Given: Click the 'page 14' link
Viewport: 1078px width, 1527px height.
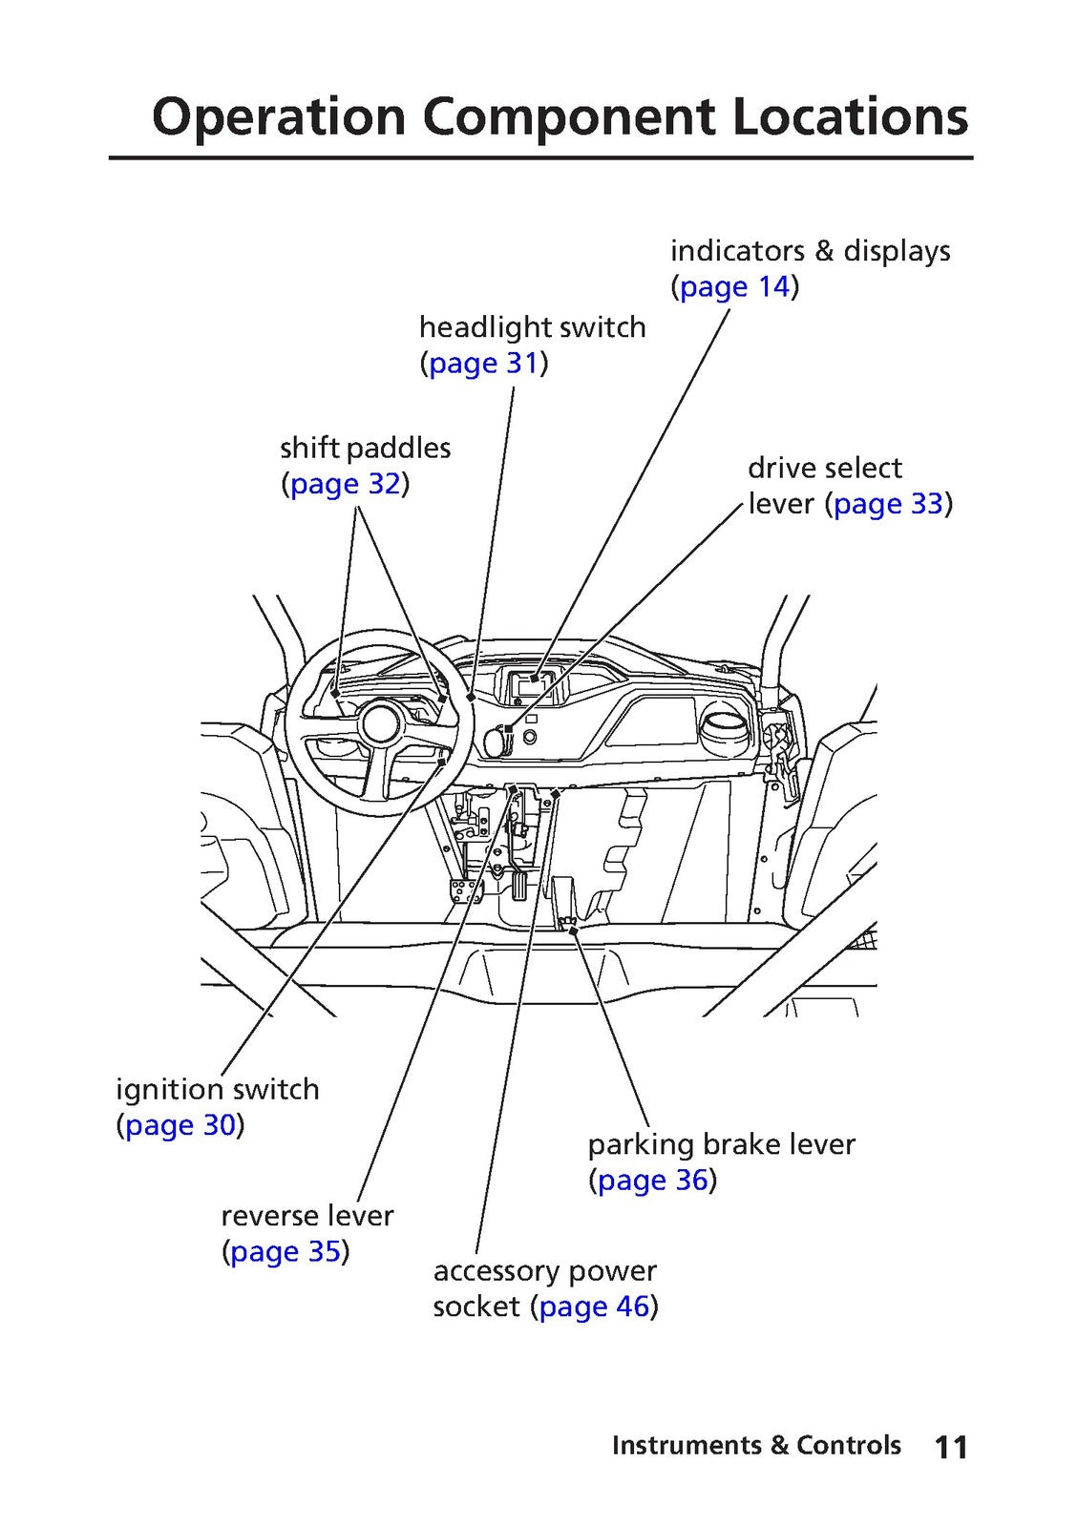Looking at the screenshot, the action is [734, 287].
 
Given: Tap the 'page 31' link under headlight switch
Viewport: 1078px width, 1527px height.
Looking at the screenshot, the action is [483, 364].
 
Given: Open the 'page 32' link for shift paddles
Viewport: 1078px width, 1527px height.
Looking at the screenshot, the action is [345, 484].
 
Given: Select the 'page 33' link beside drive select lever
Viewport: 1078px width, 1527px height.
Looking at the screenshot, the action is [888, 504].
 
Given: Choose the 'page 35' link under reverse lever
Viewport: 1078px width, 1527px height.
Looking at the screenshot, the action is [285, 1251].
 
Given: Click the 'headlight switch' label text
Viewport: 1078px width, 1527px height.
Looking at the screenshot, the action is [533, 327].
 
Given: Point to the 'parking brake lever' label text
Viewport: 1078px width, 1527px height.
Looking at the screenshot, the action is [722, 1144].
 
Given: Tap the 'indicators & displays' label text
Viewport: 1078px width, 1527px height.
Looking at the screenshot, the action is [811, 251].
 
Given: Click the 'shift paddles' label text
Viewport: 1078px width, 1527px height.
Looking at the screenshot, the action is [366, 449].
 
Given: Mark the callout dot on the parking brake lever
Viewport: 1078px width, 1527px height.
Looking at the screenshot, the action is [573, 930].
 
